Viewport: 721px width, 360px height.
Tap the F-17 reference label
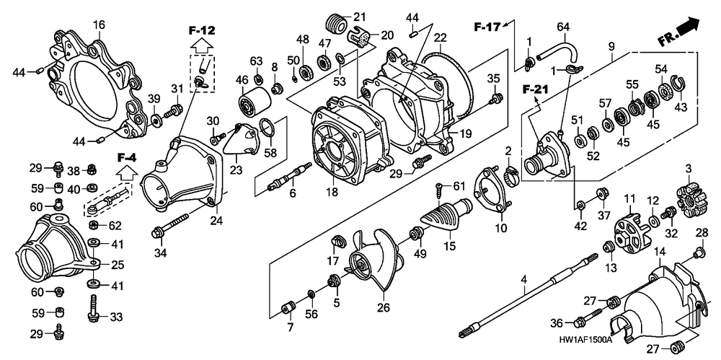coord(487,27)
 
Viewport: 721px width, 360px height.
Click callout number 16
coord(99,25)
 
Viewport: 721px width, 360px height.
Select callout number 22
coord(440,38)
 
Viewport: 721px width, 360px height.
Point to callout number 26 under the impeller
coord(383,308)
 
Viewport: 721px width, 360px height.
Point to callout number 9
coord(612,47)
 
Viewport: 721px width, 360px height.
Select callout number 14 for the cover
coord(658,251)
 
